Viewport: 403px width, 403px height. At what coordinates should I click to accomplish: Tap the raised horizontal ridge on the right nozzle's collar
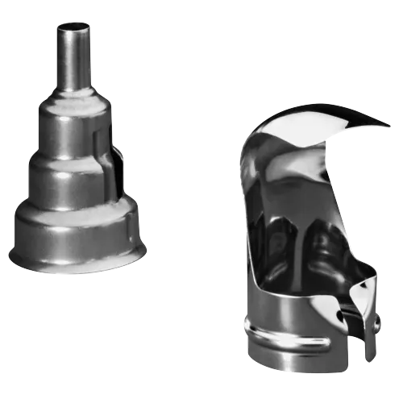coord(290,343)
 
